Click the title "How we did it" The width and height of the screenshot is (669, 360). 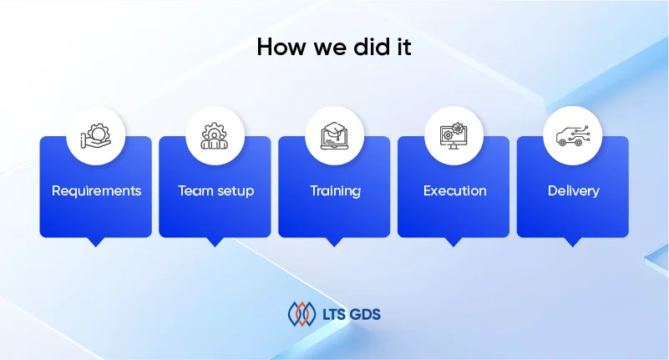pyautogui.click(x=334, y=48)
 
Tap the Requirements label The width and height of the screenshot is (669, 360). pyautogui.click(x=96, y=190)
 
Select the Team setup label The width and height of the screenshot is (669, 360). pyautogui.click(x=215, y=190)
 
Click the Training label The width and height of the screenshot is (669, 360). pyautogui.click(x=335, y=190)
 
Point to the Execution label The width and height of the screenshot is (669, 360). pyautogui.click(x=454, y=190)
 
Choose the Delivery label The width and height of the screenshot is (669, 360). pyautogui.click(x=573, y=190)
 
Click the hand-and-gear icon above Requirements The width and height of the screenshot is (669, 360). pyautogui.click(x=96, y=135)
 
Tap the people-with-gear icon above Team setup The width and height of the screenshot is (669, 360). pyautogui.click(x=215, y=135)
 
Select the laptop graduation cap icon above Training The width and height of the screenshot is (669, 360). pyautogui.click(x=335, y=135)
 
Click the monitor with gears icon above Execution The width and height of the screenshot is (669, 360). pyautogui.click(x=454, y=135)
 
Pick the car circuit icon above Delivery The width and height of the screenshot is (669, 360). pyautogui.click(x=573, y=135)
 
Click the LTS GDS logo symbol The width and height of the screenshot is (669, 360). pyautogui.click(x=302, y=314)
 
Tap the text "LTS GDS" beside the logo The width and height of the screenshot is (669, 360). pyautogui.click(x=352, y=315)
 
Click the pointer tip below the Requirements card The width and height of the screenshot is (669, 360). pyautogui.click(x=96, y=243)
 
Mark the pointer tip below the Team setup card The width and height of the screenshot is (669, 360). pyautogui.click(x=215, y=243)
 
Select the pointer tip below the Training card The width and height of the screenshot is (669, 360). pyautogui.click(x=335, y=243)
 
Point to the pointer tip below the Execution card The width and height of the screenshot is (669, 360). pyautogui.click(x=454, y=243)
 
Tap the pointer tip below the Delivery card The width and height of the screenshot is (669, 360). pyautogui.click(x=573, y=243)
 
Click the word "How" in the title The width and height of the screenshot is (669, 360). pyautogui.click(x=276, y=48)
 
